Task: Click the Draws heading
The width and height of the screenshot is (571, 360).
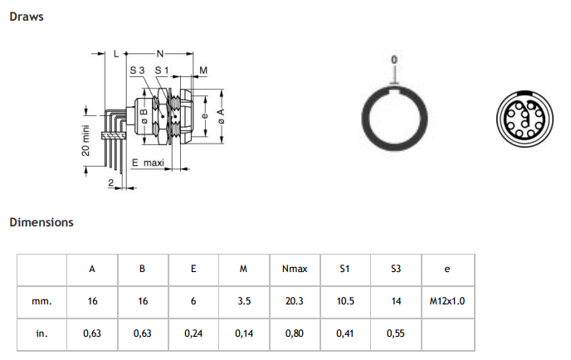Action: point(27,17)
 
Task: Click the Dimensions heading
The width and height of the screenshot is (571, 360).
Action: point(41,222)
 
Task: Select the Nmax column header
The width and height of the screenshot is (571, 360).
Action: point(295,269)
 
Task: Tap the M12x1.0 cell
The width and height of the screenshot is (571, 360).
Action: point(447,301)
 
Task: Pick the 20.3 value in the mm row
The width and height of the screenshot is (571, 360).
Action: point(295,301)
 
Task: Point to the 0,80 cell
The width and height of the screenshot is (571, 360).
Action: point(295,333)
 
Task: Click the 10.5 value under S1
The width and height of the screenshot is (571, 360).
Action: point(345,301)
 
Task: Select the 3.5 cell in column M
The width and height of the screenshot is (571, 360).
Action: point(244,301)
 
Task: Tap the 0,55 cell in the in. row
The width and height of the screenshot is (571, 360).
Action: point(396,333)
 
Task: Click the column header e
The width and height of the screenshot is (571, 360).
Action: point(447,269)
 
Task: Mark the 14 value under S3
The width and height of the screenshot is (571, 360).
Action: point(396,301)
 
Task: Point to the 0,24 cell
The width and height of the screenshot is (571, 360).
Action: point(193,333)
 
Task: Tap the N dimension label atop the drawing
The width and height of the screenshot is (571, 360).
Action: point(160,51)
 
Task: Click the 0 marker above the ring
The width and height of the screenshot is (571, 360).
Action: point(394,61)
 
